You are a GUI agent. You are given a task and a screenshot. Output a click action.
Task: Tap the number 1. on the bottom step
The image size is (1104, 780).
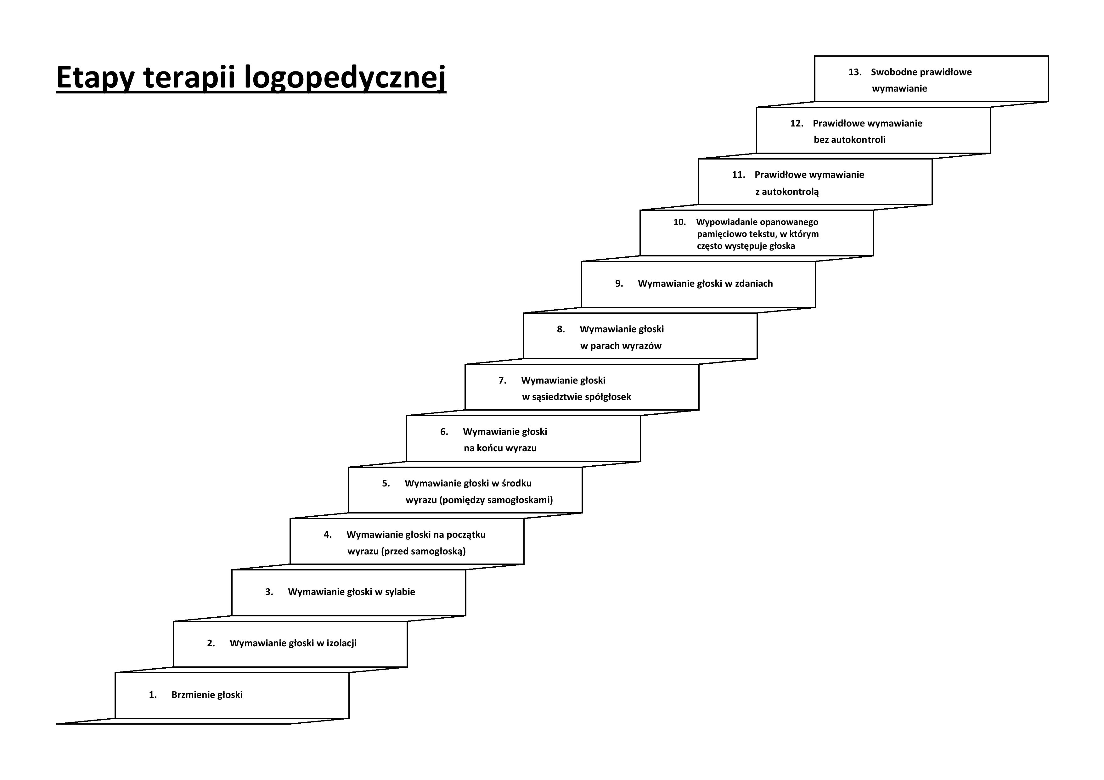click(x=153, y=695)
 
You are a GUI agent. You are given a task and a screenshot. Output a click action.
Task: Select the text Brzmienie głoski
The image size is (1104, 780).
click(x=207, y=695)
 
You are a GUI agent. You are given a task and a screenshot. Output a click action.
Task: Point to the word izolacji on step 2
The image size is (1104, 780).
click(x=341, y=643)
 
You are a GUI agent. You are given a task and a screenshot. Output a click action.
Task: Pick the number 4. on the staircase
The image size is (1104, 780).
click(x=327, y=535)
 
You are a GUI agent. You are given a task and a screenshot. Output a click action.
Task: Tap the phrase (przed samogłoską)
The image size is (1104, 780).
click(x=424, y=551)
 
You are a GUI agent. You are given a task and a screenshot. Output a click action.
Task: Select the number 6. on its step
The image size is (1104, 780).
click(x=444, y=432)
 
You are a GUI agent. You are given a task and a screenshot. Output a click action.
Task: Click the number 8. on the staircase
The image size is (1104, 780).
click(x=561, y=330)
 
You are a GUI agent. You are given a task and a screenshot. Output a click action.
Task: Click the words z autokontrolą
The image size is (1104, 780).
click(x=787, y=192)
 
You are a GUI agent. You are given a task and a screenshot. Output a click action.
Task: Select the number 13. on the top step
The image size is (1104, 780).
click(x=855, y=73)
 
